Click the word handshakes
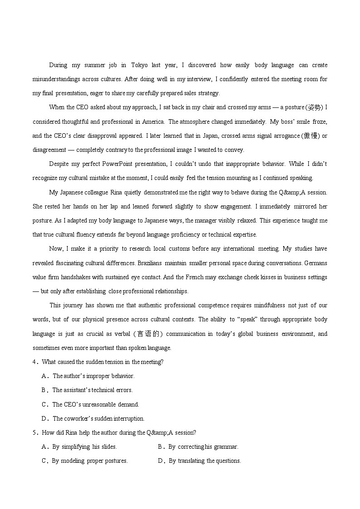coord(76,277)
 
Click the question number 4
coord(34,362)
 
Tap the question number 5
coord(34,432)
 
